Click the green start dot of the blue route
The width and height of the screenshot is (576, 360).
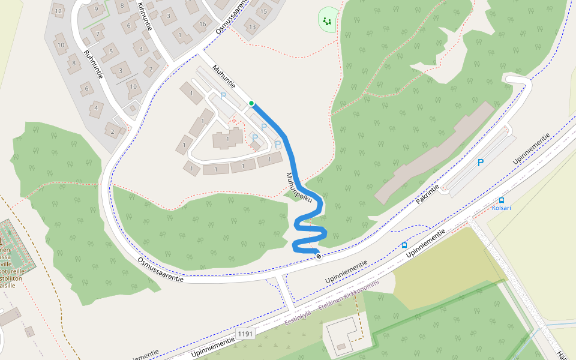tap(251, 103)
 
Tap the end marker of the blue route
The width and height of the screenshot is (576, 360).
tap(318, 256)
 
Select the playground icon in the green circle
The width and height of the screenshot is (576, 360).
tap(327, 22)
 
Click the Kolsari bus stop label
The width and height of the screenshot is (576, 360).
tap(501, 208)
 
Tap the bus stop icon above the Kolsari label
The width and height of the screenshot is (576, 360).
tap(501, 200)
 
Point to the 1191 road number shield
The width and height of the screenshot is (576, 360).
tap(245, 333)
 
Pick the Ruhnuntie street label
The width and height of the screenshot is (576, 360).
tap(94, 64)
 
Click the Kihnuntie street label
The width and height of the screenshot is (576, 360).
tap(145, 16)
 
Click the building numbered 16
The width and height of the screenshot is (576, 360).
tap(203, 24)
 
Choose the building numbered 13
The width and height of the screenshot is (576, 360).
tap(252, 27)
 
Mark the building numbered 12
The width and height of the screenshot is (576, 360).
tap(58, 11)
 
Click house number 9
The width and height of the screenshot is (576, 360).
tap(95, 9)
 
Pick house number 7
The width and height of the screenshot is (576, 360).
tap(97, 33)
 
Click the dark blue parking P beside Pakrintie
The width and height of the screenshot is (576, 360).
tap(480, 163)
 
